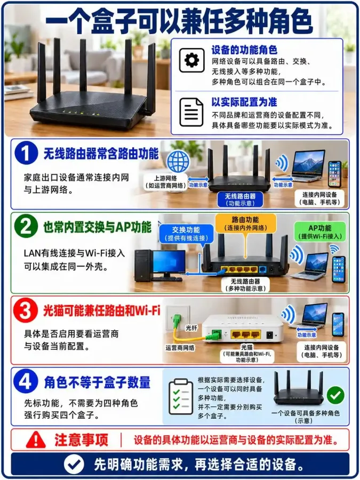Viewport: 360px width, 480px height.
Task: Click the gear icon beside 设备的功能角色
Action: pos(191,60)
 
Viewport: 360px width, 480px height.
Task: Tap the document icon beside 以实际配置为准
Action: pos(191,113)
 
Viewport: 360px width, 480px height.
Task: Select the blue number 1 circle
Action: pos(26,153)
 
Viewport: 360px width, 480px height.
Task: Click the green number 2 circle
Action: pos(26,227)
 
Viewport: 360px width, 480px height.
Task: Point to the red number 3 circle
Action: pos(26,310)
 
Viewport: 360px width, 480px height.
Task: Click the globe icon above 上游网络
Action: pos(178,161)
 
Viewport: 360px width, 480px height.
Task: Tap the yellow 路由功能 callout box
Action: pos(246,223)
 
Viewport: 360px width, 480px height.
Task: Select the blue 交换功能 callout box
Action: pos(186,234)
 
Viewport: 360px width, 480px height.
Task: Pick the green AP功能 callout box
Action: pos(319,232)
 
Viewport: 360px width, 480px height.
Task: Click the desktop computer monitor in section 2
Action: pos(169,263)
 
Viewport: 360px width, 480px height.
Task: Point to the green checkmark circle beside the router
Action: pos(335,395)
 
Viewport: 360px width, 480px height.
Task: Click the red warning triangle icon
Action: pos(36,439)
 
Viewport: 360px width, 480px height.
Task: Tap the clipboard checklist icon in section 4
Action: pos(181,396)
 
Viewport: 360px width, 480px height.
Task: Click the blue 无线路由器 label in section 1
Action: pos(240,199)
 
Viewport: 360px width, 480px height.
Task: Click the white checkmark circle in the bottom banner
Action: pos(74,464)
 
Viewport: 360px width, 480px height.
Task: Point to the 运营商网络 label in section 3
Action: pos(180,348)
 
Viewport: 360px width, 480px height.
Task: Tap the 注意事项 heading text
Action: pos(82,440)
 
